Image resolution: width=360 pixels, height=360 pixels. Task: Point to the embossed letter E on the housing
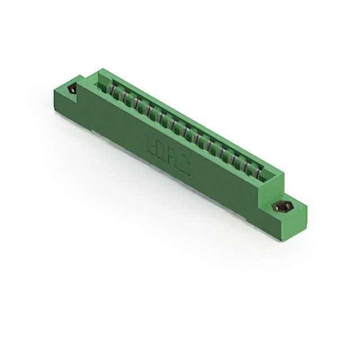[x=149, y=138]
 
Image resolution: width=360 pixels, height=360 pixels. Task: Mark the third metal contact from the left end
[x=134, y=103]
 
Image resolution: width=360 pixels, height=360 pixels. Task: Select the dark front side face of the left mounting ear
[x=65, y=104]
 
